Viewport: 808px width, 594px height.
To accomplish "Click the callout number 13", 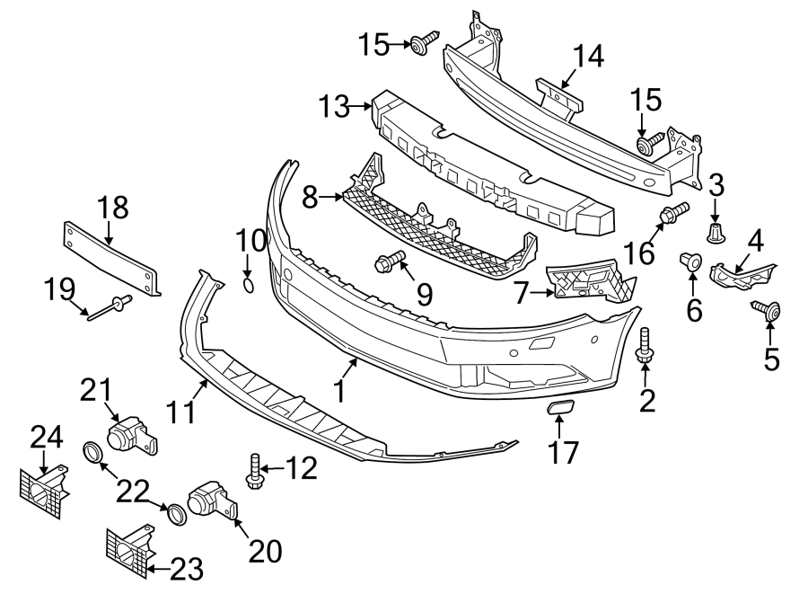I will (x=336, y=108).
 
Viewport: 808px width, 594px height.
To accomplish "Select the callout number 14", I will (x=589, y=58).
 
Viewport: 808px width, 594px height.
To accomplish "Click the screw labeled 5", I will (x=768, y=312).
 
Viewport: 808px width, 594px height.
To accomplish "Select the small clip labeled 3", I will (x=715, y=234).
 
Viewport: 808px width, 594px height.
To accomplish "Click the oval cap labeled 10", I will (x=250, y=286).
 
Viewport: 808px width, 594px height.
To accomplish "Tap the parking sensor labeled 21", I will (x=129, y=435).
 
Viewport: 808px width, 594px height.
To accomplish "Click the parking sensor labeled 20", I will (x=211, y=501).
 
